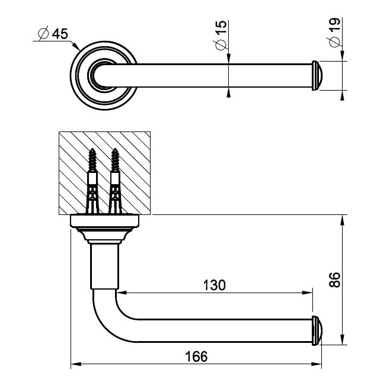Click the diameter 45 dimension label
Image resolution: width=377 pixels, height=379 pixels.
52,34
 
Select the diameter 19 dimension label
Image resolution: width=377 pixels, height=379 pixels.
334,33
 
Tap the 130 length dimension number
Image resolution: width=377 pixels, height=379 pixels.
213,285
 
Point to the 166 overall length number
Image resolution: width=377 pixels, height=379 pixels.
196,356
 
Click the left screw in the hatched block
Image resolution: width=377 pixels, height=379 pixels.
92,178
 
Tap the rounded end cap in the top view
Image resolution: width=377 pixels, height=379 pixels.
317,75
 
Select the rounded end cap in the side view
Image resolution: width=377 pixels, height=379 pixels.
317,330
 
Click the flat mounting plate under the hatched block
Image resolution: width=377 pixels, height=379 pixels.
105,221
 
